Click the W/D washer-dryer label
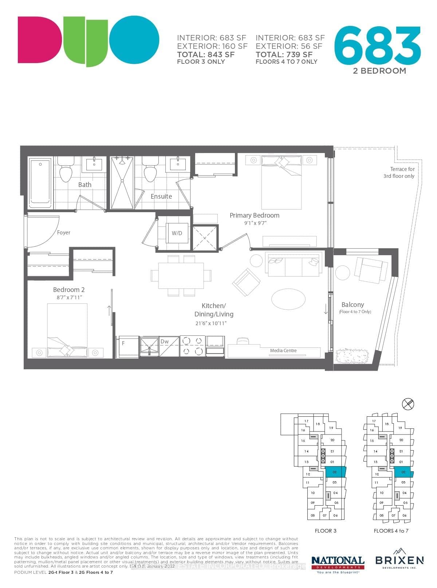[177, 233]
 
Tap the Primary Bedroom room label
[255, 215]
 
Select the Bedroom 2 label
[69, 290]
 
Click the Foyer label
[64, 233]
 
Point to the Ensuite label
[161, 196]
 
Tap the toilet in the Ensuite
[150, 170]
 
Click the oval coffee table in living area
[288, 299]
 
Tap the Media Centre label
[283, 351]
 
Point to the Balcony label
[353, 305]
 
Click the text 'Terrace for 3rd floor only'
[399, 172]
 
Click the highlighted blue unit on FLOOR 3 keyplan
[335, 472]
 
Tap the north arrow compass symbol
[408, 404]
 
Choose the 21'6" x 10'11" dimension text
[211, 323]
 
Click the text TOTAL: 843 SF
[206, 55]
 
